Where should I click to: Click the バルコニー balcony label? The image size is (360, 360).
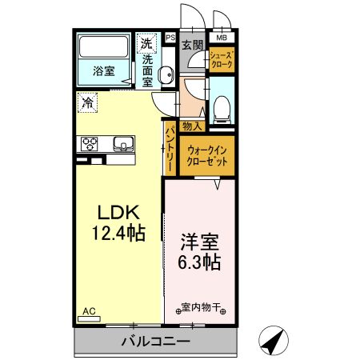[x=155, y=342]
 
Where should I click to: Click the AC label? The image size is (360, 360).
[x=89, y=311]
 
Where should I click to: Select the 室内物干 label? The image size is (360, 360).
[x=201, y=306]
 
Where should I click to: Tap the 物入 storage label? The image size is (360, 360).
[x=192, y=126]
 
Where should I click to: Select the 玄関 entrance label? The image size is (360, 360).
[x=192, y=45]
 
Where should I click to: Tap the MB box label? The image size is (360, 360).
[x=221, y=36]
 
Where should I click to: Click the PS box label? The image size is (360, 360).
[x=170, y=37]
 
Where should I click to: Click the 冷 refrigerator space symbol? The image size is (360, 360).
[x=86, y=102]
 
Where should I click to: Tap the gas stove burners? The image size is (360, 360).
[x=89, y=144]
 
